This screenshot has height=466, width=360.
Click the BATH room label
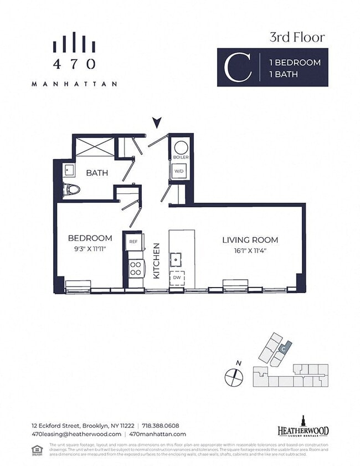coord(97,173)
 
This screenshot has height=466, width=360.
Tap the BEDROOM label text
coord(90,238)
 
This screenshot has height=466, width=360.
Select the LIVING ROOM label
coord(250,240)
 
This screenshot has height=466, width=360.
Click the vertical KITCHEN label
coord(157,260)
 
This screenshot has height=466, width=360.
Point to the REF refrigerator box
coord(133,242)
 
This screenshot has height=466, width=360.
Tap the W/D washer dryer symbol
coord(181,171)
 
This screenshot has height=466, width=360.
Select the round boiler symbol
coord(181,147)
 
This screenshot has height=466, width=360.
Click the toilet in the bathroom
coord(72,189)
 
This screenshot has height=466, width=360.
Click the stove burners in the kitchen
coord(135,269)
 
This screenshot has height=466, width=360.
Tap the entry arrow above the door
coord(157,122)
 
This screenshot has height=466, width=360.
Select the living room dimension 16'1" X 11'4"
coord(250,250)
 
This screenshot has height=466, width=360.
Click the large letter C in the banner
coord(235,68)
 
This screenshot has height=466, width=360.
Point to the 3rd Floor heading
coord(297,38)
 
